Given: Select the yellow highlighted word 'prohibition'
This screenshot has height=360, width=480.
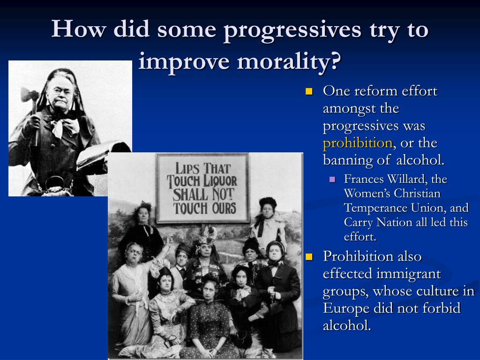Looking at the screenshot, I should coord(357,143).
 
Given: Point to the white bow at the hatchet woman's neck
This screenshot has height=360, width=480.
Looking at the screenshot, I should coord(65,126).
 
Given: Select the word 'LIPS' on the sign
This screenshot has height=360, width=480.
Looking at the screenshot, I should coord(189,167).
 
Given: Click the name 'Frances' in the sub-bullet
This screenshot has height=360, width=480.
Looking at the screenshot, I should coord(363,179).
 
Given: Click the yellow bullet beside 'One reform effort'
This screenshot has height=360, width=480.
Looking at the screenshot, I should coord(308,91).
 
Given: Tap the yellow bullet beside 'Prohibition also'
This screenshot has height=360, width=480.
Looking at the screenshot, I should coord(308,256).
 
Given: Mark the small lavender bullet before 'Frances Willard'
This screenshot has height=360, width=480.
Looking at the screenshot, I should coord(333,180).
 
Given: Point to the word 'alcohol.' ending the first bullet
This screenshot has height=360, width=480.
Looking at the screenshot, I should coord(420,160).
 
